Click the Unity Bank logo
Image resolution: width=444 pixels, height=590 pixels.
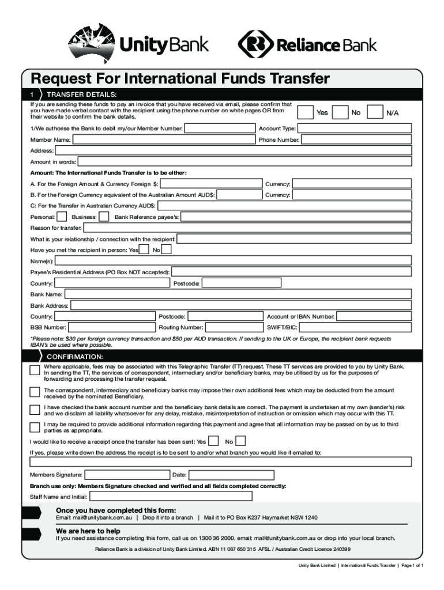[x=138, y=45]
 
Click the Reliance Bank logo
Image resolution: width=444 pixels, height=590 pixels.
[x=308, y=44]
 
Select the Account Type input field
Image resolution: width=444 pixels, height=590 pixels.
[x=355, y=128]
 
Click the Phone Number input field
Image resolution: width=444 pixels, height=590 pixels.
[x=356, y=139]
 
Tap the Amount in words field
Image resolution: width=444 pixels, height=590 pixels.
[x=244, y=162]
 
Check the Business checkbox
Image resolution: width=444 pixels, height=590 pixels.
[x=104, y=217]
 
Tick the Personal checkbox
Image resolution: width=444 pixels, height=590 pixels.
[x=62, y=217]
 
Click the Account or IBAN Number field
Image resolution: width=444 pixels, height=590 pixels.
[x=374, y=316]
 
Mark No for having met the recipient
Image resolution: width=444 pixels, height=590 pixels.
[x=166, y=249]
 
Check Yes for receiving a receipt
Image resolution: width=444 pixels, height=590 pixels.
[x=213, y=441]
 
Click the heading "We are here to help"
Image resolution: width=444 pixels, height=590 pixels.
[x=88, y=531]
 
